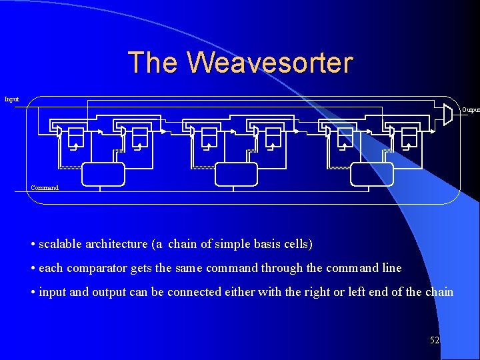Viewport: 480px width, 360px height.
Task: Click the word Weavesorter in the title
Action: (269, 63)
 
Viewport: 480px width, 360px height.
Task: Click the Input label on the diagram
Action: (12, 99)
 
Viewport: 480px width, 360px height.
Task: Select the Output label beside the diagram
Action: (471, 109)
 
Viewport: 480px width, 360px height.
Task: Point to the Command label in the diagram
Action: (45, 188)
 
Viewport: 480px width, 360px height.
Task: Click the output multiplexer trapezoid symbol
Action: (448, 114)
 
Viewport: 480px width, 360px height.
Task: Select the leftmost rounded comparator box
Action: (103, 173)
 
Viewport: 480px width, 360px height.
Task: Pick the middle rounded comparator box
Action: (236, 173)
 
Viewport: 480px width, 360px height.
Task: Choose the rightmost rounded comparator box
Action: (372, 173)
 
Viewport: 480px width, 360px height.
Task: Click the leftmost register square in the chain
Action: (76, 135)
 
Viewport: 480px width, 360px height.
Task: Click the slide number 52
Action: (435, 340)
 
